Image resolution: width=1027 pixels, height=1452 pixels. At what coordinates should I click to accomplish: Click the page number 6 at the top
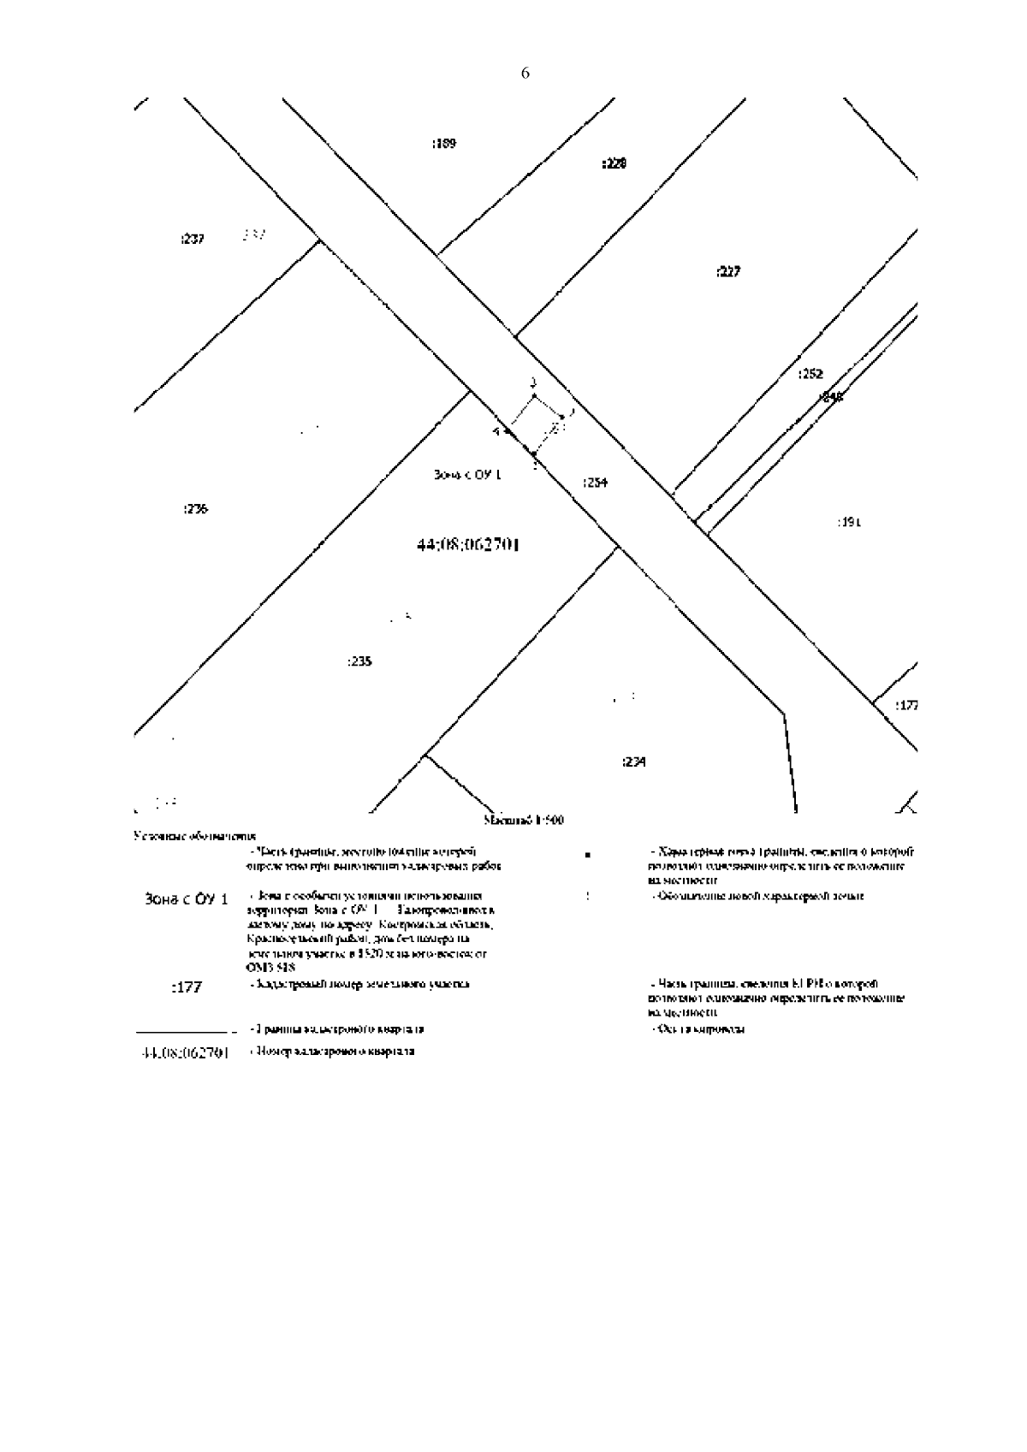525,74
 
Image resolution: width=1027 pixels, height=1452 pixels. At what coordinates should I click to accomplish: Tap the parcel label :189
444,143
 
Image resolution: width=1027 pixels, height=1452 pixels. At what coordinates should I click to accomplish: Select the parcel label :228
614,163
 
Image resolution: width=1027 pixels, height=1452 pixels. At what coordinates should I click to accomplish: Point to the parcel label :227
728,272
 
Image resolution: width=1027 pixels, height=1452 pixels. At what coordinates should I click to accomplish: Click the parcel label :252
810,374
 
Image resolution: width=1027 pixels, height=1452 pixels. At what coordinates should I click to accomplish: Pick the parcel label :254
595,483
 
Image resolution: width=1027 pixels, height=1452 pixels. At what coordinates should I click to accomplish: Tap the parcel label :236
195,509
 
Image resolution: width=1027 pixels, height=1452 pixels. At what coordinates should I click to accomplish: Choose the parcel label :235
360,661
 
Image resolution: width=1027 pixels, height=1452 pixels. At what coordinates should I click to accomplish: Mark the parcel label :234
634,762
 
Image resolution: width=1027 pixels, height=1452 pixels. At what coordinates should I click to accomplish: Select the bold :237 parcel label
193,240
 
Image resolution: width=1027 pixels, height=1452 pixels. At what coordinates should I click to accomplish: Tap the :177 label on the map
906,706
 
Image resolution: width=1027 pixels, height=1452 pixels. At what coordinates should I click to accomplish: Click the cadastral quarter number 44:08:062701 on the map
468,544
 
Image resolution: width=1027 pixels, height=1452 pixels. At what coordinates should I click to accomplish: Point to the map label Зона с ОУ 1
468,475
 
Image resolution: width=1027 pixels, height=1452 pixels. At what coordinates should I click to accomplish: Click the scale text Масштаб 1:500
524,821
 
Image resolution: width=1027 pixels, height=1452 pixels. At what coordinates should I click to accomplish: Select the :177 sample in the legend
187,987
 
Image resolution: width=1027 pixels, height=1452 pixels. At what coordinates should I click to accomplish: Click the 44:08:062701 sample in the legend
184,1053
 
